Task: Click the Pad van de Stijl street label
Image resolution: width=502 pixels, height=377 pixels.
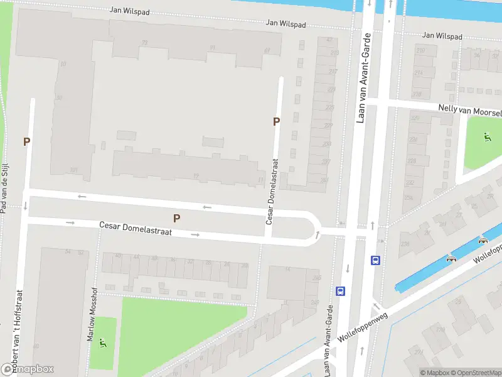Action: click(4, 187)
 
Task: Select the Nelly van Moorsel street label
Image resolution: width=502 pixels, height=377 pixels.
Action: click(470, 110)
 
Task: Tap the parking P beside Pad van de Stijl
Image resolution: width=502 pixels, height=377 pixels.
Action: click(26, 142)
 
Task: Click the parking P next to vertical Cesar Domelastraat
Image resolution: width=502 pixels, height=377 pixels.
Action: click(276, 122)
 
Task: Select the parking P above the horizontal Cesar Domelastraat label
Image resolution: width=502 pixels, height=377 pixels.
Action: click(177, 218)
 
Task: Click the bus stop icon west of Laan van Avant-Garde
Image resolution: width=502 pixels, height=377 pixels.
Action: click(340, 291)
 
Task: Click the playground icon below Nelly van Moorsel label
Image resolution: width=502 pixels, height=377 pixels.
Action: click(488, 136)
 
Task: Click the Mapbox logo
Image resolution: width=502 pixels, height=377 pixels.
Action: click(28, 369)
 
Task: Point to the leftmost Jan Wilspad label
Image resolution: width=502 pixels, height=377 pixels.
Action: click(130, 10)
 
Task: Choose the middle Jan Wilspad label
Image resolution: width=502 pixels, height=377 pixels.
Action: click(286, 23)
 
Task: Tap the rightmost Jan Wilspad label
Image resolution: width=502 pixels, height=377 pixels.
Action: click(442, 36)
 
